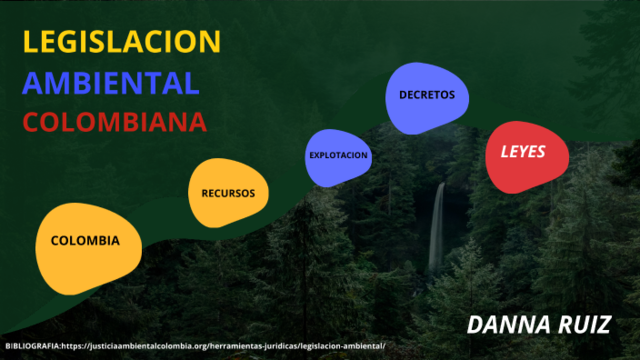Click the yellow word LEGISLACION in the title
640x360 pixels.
121,42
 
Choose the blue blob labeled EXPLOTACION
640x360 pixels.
339,156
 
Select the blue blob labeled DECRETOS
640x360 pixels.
426,97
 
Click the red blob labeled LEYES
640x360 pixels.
522,157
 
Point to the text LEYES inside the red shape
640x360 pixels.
522,154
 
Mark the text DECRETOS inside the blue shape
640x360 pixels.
426,95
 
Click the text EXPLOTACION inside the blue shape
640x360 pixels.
339,156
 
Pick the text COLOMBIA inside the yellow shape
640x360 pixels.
85,241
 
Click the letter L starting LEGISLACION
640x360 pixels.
30,42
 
